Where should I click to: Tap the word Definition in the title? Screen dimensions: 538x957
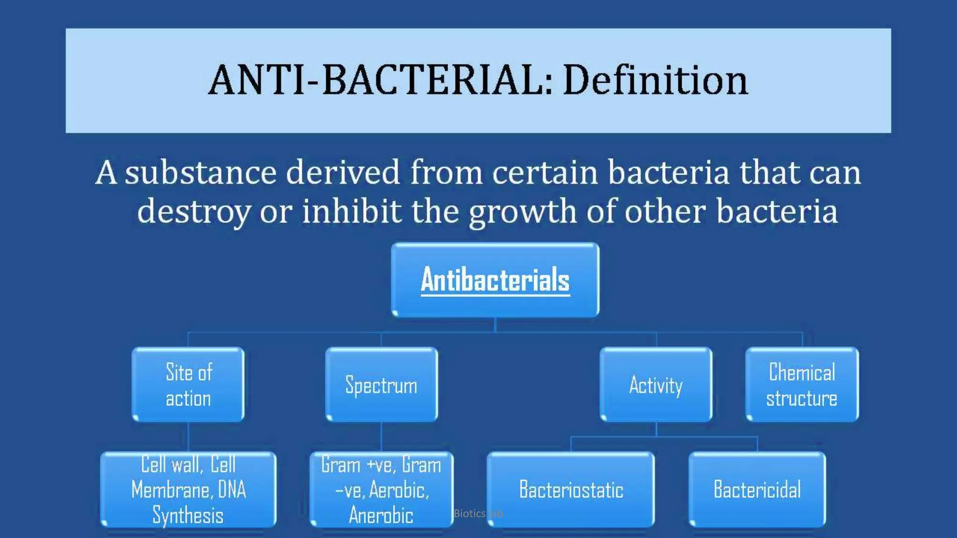(x=655, y=80)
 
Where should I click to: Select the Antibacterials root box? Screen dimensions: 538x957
(x=495, y=280)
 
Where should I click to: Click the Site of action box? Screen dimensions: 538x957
(x=188, y=385)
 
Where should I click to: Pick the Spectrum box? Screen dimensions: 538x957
(x=381, y=385)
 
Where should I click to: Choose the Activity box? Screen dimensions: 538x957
(x=656, y=385)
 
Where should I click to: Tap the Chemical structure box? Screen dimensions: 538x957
(x=802, y=385)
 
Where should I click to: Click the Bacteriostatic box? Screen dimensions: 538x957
(x=571, y=489)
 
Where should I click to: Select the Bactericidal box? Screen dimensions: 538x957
(x=757, y=489)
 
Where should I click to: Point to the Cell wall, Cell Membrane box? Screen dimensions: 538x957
(x=188, y=489)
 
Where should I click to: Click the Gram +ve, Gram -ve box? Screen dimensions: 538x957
(x=381, y=489)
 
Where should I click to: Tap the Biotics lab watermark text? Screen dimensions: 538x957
(x=478, y=514)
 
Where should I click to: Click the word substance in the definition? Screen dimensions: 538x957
(x=201, y=173)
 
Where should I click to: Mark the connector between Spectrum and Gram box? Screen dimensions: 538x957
(x=381, y=437)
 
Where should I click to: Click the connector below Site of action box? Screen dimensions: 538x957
(x=188, y=437)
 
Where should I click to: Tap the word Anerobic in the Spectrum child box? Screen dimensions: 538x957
(x=381, y=515)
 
